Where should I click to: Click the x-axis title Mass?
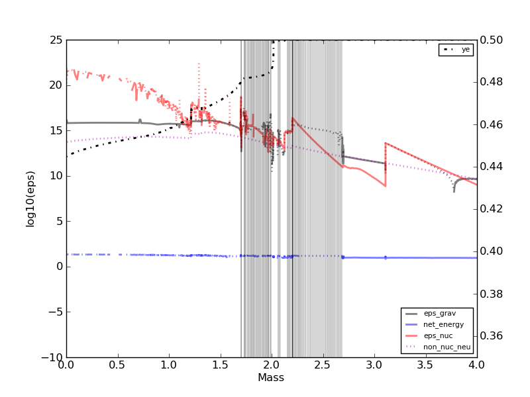point(271,378)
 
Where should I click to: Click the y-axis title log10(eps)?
point(30,198)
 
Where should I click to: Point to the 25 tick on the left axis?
point(56,40)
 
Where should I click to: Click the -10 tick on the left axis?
point(52,357)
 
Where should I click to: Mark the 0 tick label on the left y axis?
point(59,267)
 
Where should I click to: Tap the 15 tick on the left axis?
point(56,130)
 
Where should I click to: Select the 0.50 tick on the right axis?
point(491,40)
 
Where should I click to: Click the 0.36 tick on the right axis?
point(491,336)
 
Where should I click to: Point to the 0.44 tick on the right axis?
point(491,167)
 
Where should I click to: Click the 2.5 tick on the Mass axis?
point(323,365)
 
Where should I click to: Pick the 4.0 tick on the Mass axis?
point(476,365)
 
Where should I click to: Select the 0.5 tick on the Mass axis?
point(117,365)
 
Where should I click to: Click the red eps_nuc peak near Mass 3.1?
point(386,143)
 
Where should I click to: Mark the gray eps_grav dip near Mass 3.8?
point(454,191)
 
